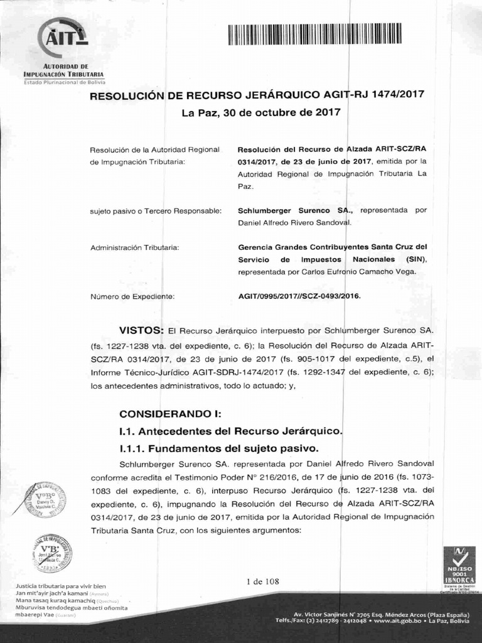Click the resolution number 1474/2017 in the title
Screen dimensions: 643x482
[398, 94]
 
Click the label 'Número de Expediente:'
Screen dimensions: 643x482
[132, 296]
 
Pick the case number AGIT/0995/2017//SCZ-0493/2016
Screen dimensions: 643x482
[300, 296]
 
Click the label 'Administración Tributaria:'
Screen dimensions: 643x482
[135, 247]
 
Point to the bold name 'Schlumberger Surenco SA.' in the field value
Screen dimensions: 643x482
[290, 210]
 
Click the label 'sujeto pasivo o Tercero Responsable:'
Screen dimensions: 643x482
[156, 210]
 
